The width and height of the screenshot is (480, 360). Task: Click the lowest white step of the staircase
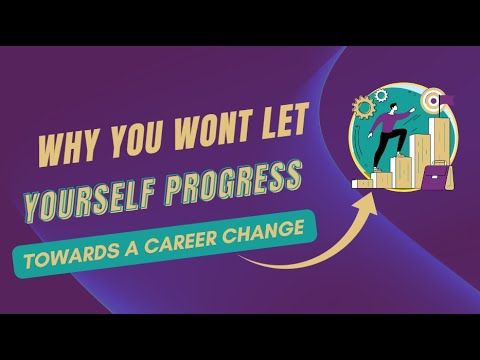(x=362, y=183)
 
